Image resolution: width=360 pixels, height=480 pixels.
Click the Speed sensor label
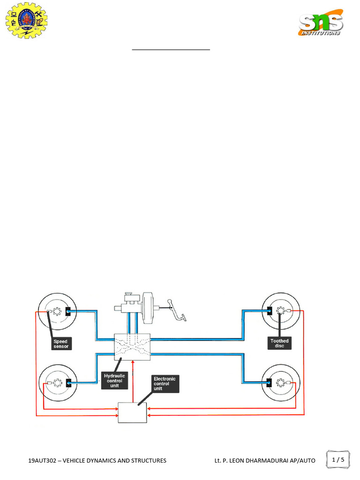tap(61, 344)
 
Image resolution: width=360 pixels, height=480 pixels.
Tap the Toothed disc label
tap(279, 343)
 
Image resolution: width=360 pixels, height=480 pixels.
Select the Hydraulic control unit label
tap(114, 381)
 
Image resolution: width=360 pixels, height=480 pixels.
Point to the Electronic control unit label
tap(165, 383)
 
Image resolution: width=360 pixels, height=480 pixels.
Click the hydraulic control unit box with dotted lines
tap(132, 347)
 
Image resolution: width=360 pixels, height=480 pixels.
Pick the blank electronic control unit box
tap(133, 412)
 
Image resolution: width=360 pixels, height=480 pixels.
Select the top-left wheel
tap(57, 312)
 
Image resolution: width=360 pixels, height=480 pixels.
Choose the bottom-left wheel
tap(58, 383)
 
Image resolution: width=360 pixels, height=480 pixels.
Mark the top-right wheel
tap(281, 311)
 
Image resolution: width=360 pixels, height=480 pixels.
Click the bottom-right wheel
tap(281, 382)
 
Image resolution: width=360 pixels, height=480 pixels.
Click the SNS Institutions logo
tap(321, 22)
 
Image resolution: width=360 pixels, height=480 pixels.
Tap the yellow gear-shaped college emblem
tap(27, 21)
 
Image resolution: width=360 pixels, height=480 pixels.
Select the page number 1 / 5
tap(338, 459)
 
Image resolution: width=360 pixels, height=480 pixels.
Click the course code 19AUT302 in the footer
tap(42, 460)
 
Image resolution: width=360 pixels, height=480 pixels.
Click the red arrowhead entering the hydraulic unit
tap(133, 362)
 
